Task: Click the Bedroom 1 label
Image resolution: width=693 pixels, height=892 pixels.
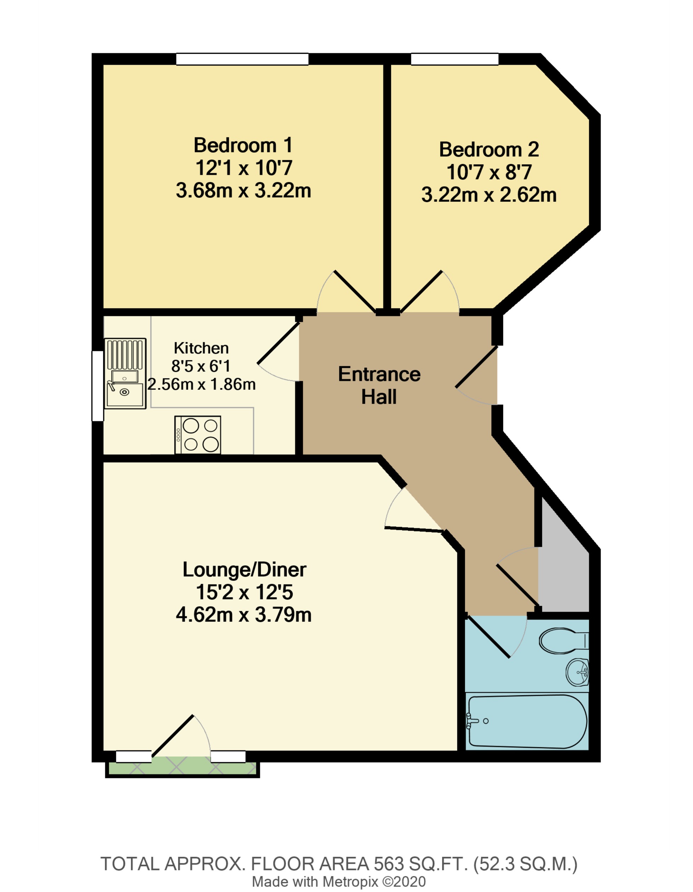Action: point(243,145)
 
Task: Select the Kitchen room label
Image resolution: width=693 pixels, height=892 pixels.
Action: point(201,348)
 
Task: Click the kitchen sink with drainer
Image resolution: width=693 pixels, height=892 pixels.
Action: point(125,373)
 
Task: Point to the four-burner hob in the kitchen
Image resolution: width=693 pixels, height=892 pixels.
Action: point(197,435)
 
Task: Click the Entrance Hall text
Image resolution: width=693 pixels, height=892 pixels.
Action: point(379,385)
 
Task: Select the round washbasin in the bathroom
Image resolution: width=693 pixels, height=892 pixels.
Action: point(577,672)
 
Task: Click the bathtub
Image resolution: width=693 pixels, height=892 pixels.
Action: point(527,721)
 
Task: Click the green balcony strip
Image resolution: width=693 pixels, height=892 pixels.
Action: point(182,769)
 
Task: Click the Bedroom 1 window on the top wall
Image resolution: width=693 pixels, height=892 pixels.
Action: point(242,59)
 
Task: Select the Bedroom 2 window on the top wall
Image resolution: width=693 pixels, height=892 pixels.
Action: point(454,59)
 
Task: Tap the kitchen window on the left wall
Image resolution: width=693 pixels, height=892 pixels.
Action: point(97,385)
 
